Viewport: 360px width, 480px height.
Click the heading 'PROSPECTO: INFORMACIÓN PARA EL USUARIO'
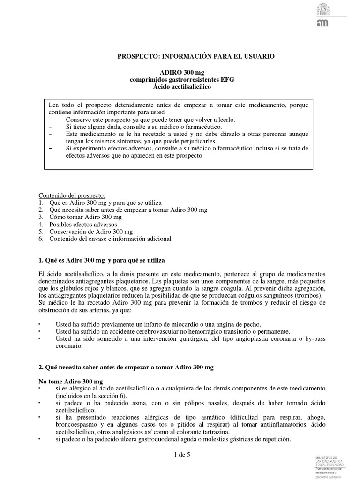tap(195, 56)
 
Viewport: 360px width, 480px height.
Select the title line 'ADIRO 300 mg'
tap(182, 73)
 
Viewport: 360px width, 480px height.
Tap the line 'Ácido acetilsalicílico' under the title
tap(182, 87)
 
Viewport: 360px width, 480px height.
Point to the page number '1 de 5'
tap(180, 454)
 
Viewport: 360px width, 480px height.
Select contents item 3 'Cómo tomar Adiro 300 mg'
tap(84, 217)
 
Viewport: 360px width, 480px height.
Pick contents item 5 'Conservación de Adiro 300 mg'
tap(89, 232)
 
